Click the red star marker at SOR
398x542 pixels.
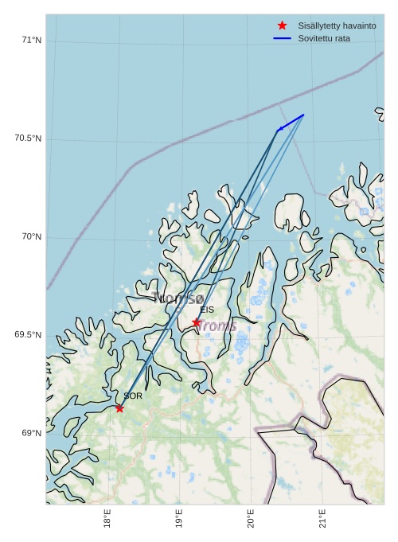point(119,408)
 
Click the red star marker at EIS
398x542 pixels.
point(197,322)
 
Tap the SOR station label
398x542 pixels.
point(133,396)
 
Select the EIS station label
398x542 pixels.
point(207,310)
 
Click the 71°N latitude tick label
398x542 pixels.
point(31,40)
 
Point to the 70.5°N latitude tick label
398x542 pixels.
point(28,138)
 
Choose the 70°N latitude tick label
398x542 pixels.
point(31,236)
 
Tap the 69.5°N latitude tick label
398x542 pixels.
point(28,334)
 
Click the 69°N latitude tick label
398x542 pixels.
point(31,433)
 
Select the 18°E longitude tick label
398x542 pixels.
point(107,519)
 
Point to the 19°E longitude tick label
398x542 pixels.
point(178,519)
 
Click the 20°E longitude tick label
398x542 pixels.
point(251,519)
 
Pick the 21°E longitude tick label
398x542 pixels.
point(322,519)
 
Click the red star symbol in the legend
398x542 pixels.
point(282,26)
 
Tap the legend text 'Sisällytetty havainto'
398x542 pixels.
point(337,26)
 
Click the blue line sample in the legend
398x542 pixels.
point(282,38)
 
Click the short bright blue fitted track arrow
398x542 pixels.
point(291,123)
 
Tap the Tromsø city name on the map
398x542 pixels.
point(178,298)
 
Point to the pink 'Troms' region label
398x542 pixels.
point(217,326)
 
